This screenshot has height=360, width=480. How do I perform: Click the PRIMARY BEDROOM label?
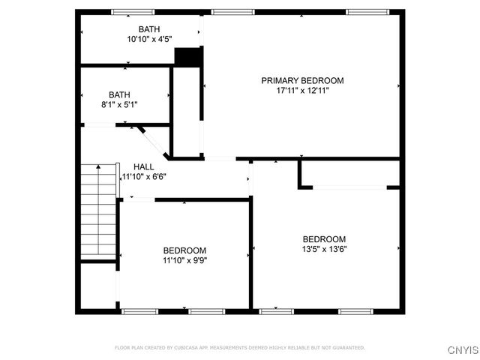(302, 80)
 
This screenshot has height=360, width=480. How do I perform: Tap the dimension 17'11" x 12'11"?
(302, 90)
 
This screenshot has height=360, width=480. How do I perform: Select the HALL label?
(143, 166)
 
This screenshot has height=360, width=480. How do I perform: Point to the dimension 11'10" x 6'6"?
(143, 176)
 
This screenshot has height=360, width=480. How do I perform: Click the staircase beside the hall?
(99, 211)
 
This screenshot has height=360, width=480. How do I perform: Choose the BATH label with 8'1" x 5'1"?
(119, 94)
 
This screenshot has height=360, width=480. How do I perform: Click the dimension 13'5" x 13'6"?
(324, 249)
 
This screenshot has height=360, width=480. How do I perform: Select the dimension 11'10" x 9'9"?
(184, 260)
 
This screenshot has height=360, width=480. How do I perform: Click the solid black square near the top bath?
(188, 58)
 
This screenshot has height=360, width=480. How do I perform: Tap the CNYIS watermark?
(462, 350)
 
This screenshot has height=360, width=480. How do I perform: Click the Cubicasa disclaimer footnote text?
(239, 348)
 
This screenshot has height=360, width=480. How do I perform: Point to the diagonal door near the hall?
(154, 142)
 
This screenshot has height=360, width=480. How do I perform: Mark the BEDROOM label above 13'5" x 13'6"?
(324, 239)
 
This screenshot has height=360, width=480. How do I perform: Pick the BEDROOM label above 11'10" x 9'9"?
(184, 250)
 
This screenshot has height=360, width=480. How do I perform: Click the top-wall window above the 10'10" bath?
(133, 12)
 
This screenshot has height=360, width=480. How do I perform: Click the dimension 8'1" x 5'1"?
(119, 104)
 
